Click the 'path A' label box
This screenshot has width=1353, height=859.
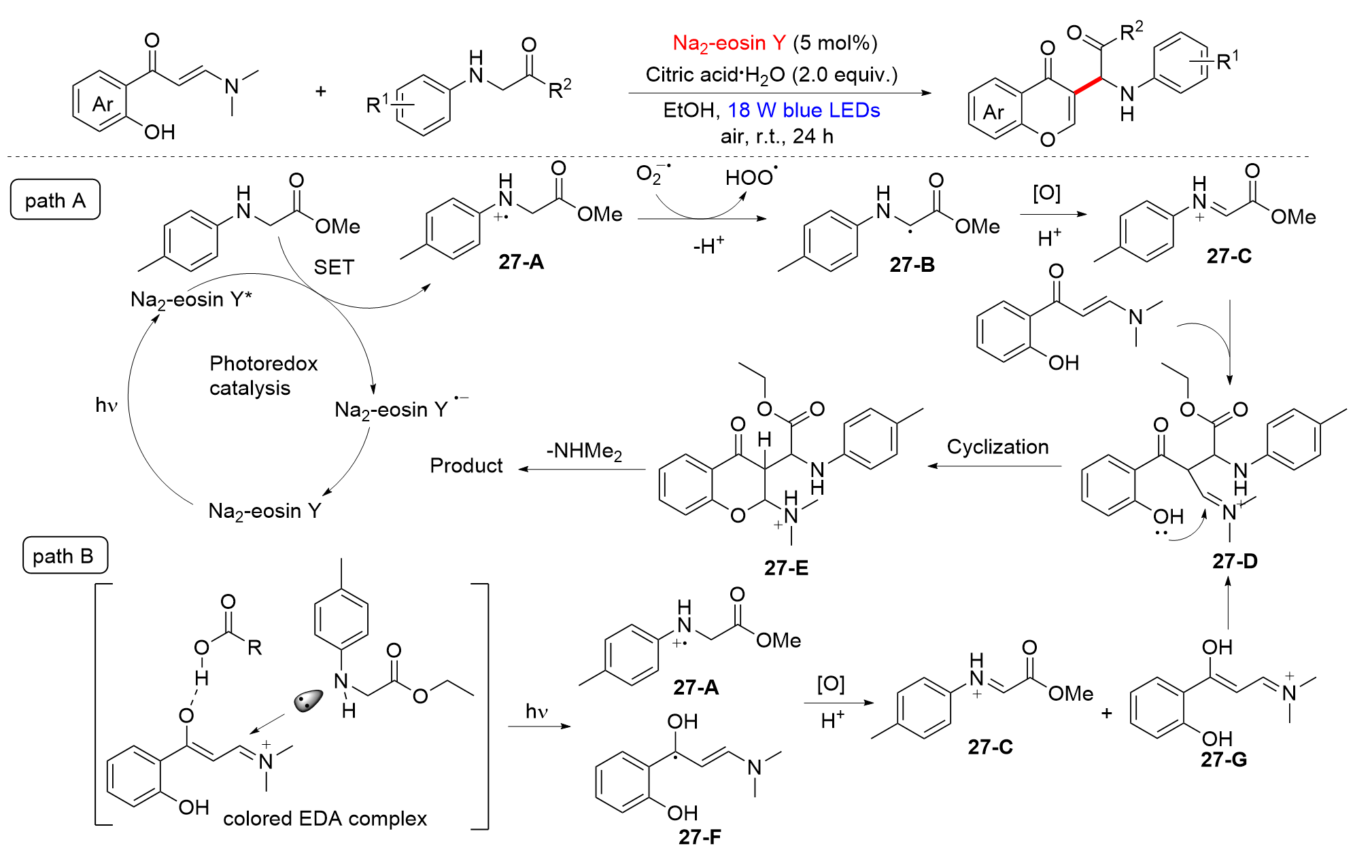tap(55, 200)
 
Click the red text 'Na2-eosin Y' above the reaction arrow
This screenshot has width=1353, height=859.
tap(729, 43)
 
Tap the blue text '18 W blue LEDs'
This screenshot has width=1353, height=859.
tap(804, 110)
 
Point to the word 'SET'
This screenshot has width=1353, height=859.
tap(334, 267)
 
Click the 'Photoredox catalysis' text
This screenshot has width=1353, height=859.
tap(262, 376)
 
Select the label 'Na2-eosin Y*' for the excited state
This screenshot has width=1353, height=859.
tap(191, 300)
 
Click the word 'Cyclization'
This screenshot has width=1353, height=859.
tap(997, 446)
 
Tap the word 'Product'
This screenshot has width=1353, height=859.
tap(466, 466)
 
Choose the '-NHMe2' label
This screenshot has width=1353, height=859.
tap(584, 451)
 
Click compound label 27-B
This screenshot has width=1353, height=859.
tap(912, 264)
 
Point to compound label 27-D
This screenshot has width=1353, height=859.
tap(1235, 561)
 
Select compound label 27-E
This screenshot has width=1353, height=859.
tap(786, 567)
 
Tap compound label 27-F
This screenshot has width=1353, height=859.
tap(700, 837)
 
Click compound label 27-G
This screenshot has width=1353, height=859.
tap(1223, 759)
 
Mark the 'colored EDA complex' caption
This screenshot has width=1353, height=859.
tap(324, 819)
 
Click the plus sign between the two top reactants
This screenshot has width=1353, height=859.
tap(321, 91)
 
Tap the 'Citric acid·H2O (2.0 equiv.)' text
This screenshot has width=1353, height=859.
tap(771, 75)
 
